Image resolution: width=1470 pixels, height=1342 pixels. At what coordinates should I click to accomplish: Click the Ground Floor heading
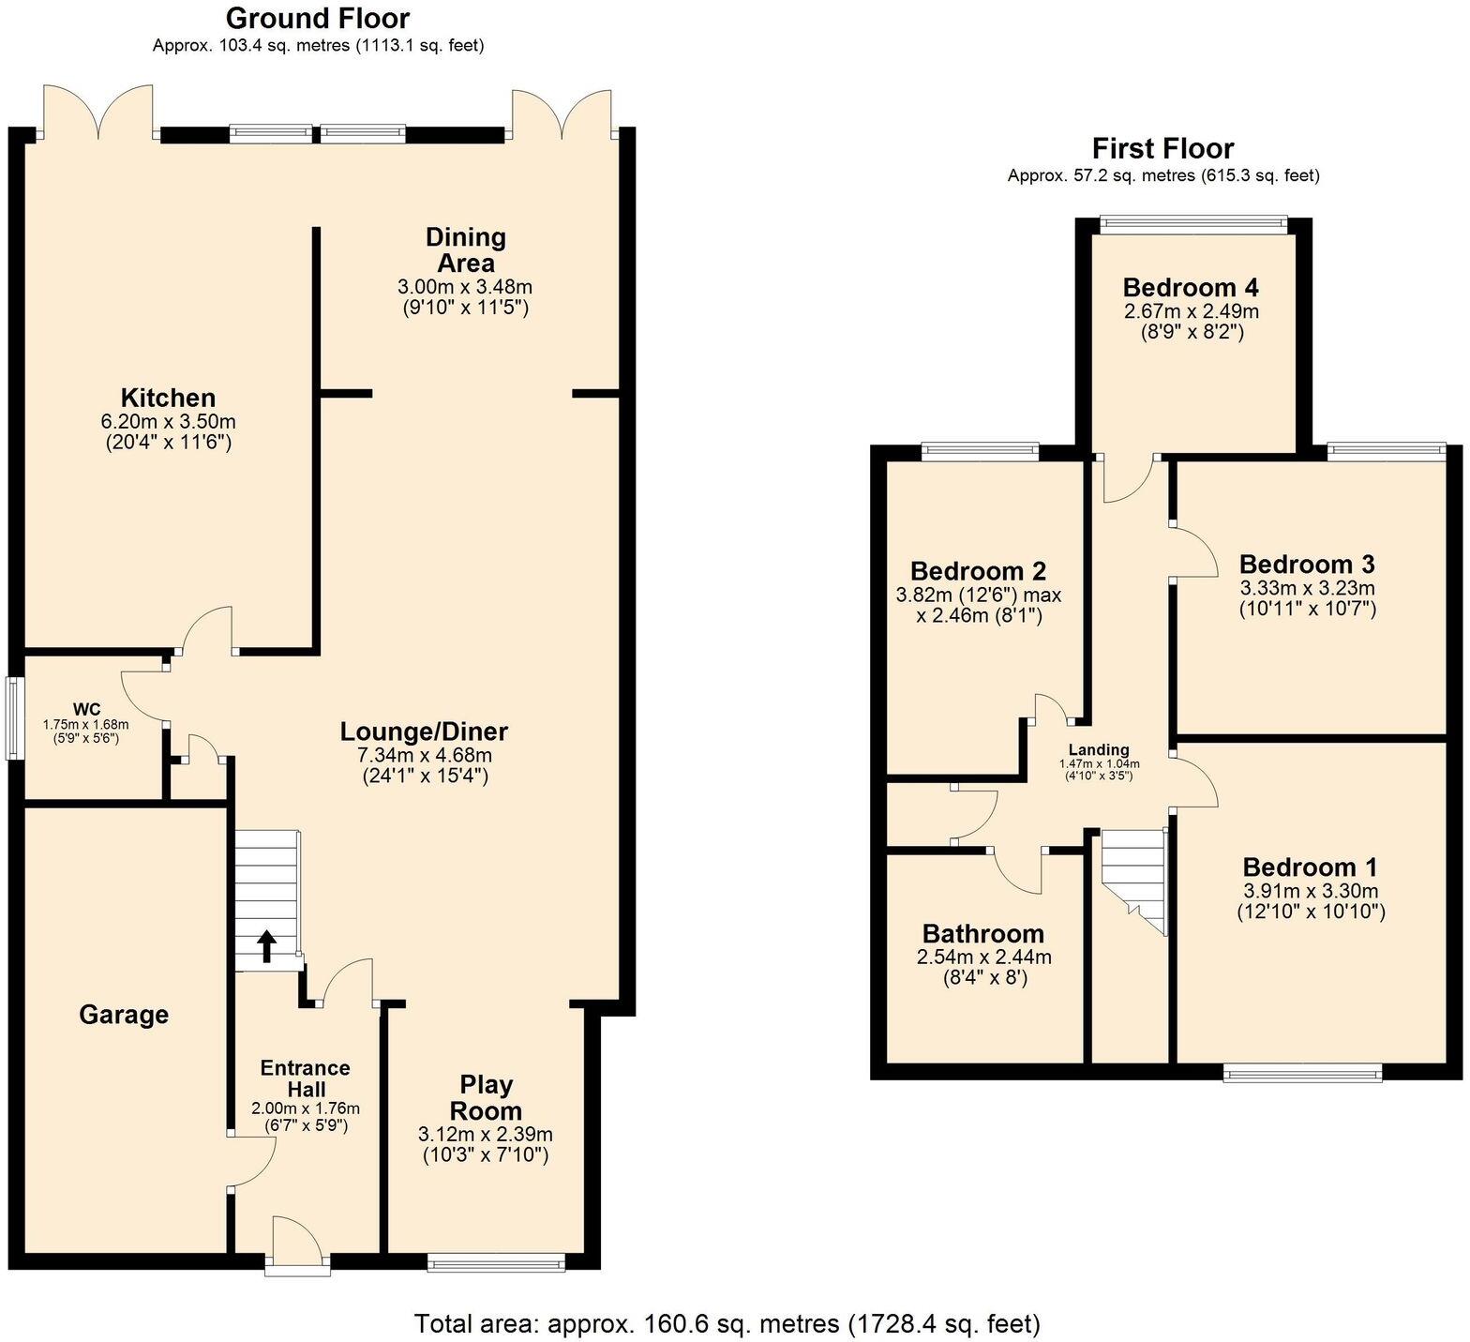click(318, 18)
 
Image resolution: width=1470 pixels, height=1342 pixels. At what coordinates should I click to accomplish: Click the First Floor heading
click(1162, 148)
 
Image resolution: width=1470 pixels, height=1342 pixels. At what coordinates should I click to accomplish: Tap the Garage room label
click(124, 1015)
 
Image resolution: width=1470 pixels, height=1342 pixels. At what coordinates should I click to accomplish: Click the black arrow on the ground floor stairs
click(266, 946)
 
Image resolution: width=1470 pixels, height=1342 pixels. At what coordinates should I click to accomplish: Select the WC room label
click(86, 708)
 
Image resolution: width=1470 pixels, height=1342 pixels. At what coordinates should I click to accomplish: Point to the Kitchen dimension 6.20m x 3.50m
click(169, 421)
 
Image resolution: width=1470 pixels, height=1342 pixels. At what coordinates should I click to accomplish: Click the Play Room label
click(486, 1097)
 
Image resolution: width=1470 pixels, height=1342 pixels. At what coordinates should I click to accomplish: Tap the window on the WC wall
click(14, 718)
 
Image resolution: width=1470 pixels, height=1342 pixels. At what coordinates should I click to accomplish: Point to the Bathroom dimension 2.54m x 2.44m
click(983, 957)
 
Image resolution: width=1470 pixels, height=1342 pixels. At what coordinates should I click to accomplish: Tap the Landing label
click(1100, 749)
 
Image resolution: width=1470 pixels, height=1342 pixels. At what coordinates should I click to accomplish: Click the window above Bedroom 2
click(981, 452)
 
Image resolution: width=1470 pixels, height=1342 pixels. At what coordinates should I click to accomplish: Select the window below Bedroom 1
click(1302, 1072)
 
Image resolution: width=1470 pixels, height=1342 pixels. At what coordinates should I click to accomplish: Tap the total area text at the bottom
click(727, 1323)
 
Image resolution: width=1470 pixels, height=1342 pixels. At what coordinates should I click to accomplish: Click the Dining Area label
click(466, 249)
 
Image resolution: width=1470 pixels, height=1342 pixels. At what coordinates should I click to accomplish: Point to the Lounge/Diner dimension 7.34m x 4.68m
click(425, 755)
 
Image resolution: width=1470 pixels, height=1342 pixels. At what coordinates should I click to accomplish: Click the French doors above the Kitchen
click(97, 113)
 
